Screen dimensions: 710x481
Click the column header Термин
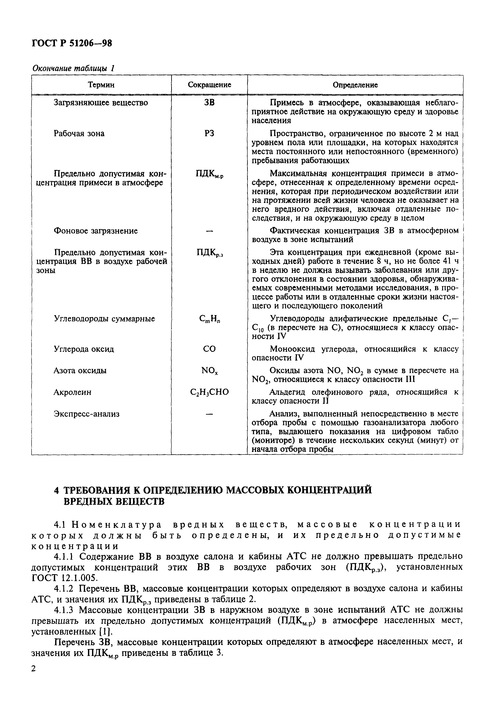[x=101, y=85]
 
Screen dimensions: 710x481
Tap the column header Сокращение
[x=209, y=85]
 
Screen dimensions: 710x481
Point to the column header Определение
[x=355, y=85]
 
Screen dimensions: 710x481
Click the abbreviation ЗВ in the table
[x=209, y=103]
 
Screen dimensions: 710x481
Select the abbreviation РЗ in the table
[x=209, y=133]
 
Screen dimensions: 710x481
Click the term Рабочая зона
[x=79, y=133]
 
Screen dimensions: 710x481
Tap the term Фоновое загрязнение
[x=96, y=231]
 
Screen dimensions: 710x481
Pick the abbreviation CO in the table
[x=209, y=349]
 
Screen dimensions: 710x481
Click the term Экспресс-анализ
[x=86, y=414]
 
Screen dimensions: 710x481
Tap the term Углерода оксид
[x=84, y=349]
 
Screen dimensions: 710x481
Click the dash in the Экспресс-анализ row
[x=209, y=414]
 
